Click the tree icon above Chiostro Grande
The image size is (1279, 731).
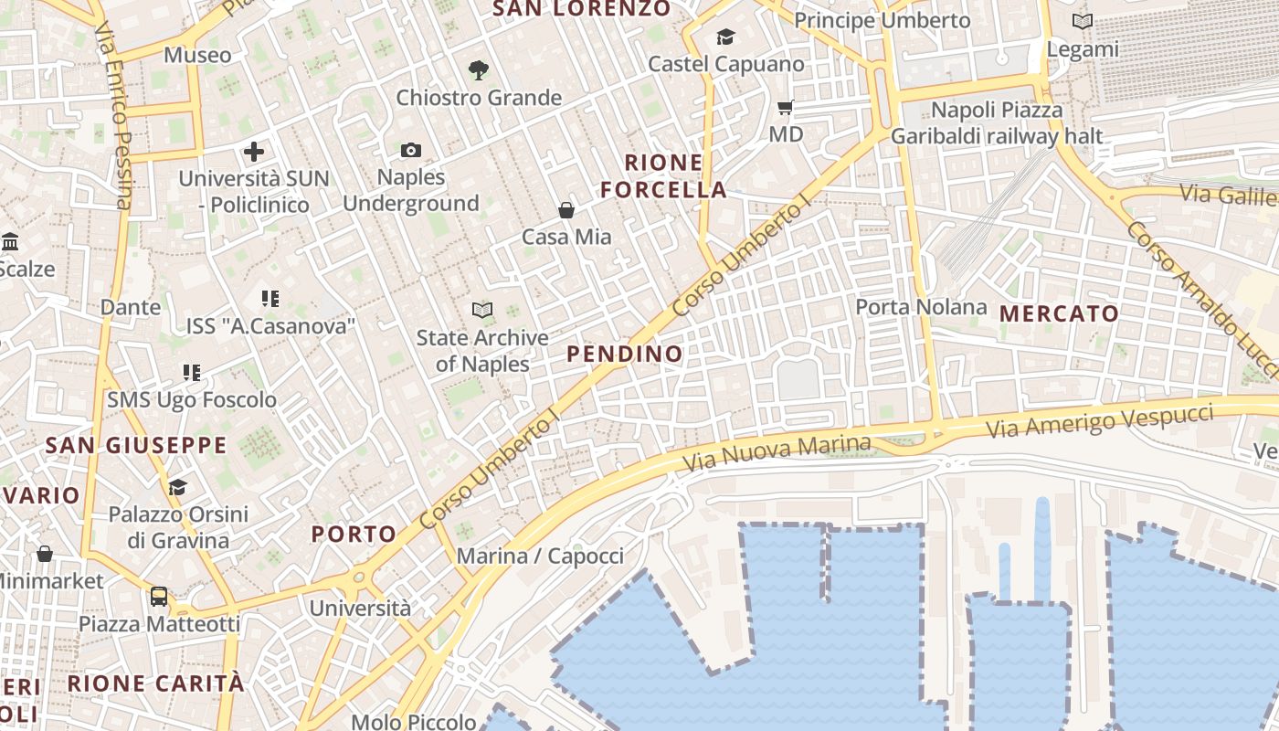pyautogui.click(x=478, y=69)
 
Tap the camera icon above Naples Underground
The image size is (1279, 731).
pyautogui.click(x=411, y=150)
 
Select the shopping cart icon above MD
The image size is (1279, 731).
pyautogui.click(x=785, y=108)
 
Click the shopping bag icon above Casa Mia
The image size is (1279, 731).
pyautogui.click(x=566, y=210)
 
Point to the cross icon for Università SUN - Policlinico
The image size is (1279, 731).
pyautogui.click(x=254, y=152)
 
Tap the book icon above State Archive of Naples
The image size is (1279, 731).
pyautogui.click(x=482, y=311)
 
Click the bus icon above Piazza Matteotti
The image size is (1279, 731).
pyautogui.click(x=159, y=597)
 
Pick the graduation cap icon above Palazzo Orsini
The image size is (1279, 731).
pyautogui.click(x=177, y=487)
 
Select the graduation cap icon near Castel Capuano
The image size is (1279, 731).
pyautogui.click(x=725, y=37)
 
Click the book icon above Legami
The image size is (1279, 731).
pyautogui.click(x=1083, y=22)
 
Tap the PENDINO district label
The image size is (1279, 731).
pyautogui.click(x=625, y=354)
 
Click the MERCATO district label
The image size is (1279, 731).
pyautogui.click(x=1059, y=313)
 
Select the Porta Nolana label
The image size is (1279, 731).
pyautogui.click(x=921, y=307)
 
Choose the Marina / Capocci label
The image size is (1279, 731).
pyautogui.click(x=540, y=556)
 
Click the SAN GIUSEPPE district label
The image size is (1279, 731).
pyautogui.click(x=135, y=446)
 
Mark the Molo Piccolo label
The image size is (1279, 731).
pyautogui.click(x=414, y=722)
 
